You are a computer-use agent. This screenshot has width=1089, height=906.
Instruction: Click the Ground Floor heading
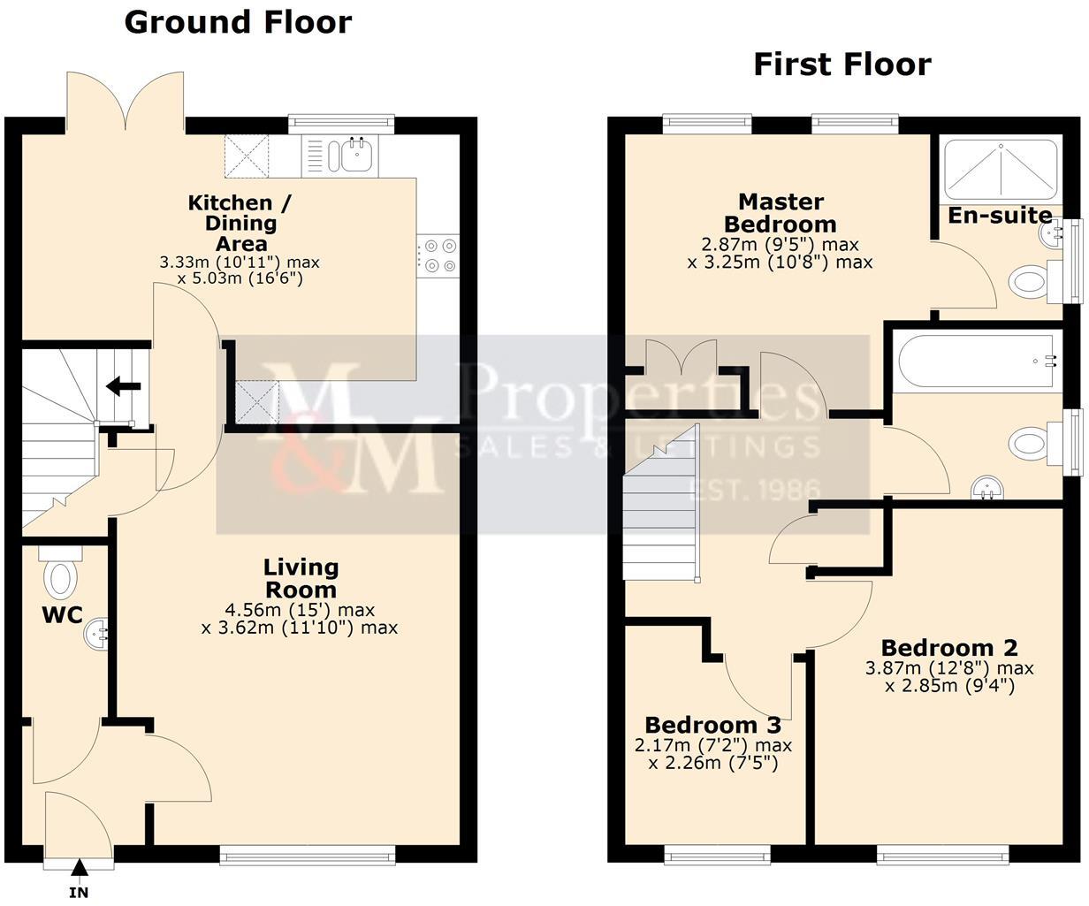point(238,22)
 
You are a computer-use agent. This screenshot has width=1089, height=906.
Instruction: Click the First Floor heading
point(841,65)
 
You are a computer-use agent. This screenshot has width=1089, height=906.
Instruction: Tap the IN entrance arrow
point(80,871)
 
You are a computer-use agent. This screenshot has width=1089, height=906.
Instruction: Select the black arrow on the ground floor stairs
point(123,386)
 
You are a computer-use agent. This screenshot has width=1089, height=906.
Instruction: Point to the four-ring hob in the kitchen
point(439,255)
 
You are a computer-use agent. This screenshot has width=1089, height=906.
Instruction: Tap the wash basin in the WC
point(97,633)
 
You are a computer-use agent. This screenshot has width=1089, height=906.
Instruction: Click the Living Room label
point(301,578)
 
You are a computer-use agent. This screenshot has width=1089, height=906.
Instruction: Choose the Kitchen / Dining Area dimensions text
point(239,270)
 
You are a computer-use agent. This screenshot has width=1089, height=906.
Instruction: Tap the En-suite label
point(1000,216)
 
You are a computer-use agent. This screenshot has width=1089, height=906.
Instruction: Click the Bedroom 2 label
point(948,648)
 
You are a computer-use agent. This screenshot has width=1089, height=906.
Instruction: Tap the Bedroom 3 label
point(712,725)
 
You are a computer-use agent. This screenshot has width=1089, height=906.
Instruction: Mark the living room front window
point(308,853)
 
